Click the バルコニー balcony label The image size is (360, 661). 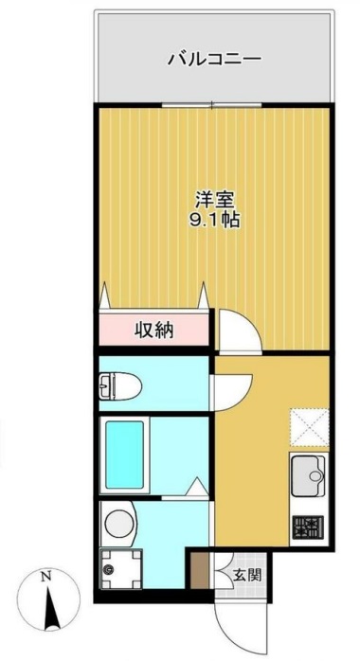(x=214, y=59)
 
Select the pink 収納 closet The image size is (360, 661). (x=154, y=330)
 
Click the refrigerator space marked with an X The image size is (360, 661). (x=307, y=424)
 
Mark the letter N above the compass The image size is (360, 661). (x=45, y=576)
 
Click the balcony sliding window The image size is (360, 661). (x=214, y=104)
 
